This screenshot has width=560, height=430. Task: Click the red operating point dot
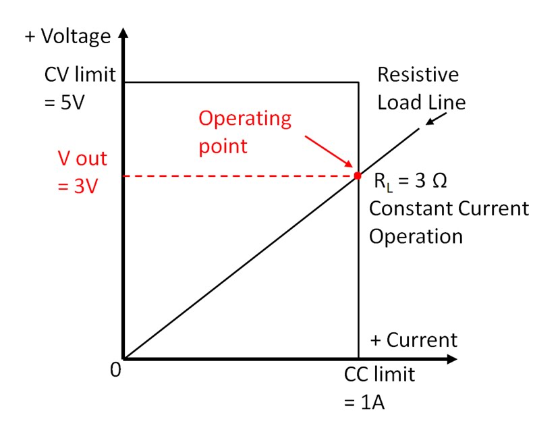358,176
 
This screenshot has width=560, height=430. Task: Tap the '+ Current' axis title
413,340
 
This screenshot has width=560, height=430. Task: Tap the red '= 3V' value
76,185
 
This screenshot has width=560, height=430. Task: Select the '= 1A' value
364,403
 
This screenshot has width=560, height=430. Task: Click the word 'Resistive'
418,74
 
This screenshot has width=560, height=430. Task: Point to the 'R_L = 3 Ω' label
410,182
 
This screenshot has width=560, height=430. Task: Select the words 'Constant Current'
449,209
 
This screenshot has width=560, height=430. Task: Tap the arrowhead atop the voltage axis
123,34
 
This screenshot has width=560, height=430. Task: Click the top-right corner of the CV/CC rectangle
358,82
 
